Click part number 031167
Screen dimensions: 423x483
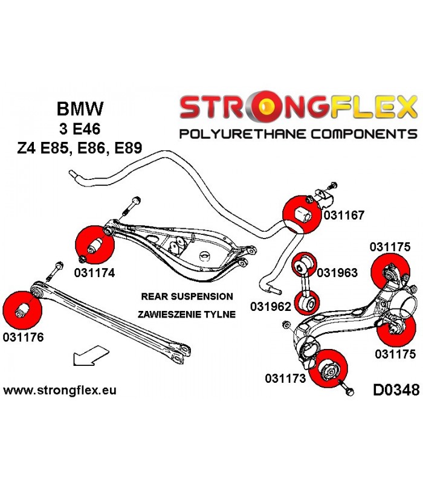(x=344, y=215)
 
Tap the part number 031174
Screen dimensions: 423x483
(x=94, y=273)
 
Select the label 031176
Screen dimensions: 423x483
(x=24, y=337)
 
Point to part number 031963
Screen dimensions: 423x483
(x=337, y=273)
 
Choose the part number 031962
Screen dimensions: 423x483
(x=271, y=307)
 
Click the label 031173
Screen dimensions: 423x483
(x=285, y=379)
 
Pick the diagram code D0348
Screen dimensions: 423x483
(x=396, y=390)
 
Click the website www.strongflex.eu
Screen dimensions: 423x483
(x=60, y=390)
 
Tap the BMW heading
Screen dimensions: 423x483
(x=80, y=109)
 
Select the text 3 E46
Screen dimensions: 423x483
(x=80, y=129)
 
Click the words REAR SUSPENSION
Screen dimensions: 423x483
(x=187, y=296)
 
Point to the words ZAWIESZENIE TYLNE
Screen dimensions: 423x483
(x=187, y=314)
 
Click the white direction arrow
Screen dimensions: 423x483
(x=91, y=356)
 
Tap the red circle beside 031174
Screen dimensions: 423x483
(x=95, y=245)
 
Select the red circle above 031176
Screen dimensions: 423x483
(x=22, y=310)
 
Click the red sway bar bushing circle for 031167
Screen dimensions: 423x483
(x=302, y=214)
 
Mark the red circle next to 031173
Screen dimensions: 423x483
(x=328, y=368)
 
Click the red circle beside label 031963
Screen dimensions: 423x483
(x=304, y=265)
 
